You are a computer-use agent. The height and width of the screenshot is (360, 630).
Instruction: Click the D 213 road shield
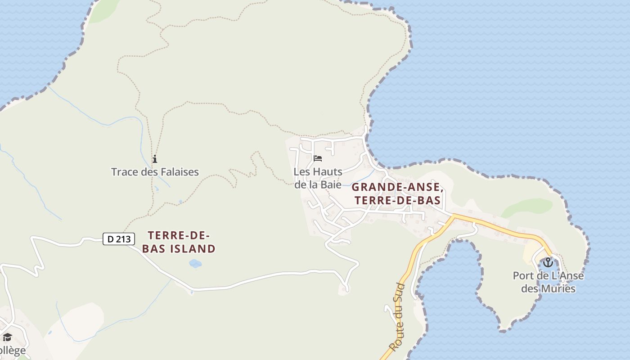119,239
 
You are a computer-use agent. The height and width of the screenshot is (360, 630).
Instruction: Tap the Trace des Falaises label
155,172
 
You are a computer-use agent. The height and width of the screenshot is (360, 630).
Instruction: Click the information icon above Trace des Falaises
155,159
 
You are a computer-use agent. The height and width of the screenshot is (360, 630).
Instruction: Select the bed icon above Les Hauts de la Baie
318,158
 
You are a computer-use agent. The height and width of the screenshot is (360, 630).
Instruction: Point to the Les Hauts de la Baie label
318,178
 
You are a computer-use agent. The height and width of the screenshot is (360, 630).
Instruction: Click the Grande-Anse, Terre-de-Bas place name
397,194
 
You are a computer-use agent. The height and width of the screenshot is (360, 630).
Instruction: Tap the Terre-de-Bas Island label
181,242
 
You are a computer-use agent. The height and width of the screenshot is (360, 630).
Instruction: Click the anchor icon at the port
548,262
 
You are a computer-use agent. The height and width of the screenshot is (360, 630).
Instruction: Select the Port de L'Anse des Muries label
548,282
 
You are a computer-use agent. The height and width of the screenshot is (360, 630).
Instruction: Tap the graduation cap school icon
7,337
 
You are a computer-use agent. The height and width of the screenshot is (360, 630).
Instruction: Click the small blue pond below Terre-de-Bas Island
195,263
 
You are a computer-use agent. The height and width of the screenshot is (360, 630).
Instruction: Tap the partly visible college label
13,350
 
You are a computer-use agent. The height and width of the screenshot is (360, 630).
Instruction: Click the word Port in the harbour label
522,276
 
